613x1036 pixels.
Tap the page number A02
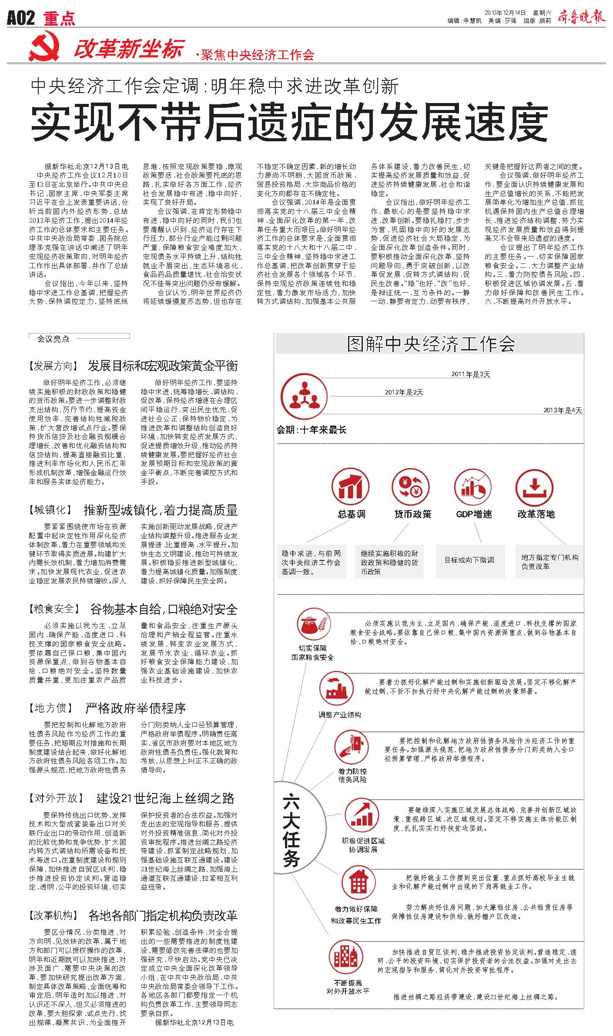click(21, 18)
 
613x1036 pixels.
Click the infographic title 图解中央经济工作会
click(431, 344)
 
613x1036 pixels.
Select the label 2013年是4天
click(563, 410)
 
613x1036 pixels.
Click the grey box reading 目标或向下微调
click(469, 560)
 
